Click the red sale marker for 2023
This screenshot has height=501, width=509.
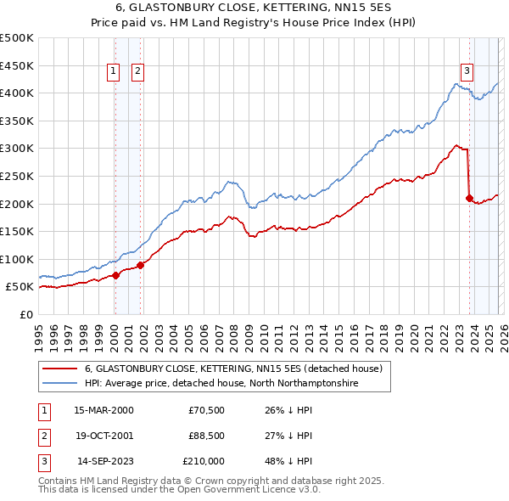click(x=469, y=198)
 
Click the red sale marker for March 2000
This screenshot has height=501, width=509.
click(x=115, y=275)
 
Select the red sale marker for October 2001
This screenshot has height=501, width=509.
click(x=141, y=265)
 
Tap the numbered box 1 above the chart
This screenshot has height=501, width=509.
click(x=114, y=72)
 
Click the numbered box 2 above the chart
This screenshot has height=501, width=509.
click(x=137, y=72)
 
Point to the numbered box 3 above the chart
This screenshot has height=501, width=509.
click(x=467, y=70)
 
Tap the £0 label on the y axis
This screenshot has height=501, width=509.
click(x=25, y=314)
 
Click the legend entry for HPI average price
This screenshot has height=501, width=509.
click(x=221, y=384)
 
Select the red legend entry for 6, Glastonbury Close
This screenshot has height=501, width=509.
click(x=233, y=369)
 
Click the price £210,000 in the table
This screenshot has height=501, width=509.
click(x=204, y=461)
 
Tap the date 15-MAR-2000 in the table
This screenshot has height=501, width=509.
click(x=103, y=410)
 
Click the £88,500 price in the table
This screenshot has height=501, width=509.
click(x=207, y=436)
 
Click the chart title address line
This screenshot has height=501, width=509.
click(x=255, y=8)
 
